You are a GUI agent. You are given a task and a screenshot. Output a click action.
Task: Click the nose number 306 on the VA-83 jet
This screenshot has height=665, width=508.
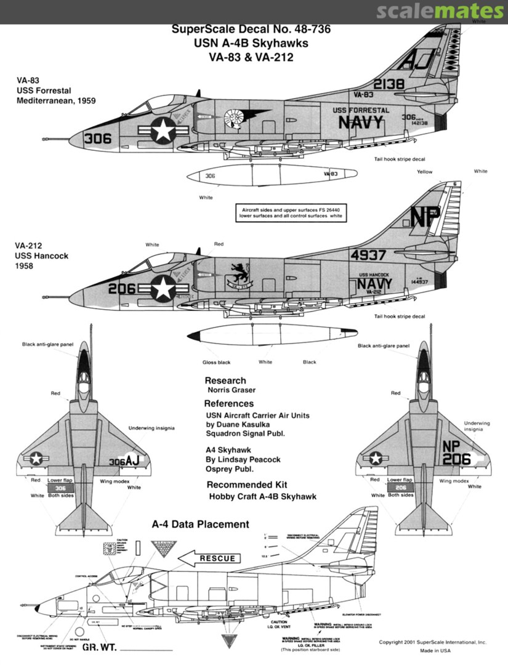tap(98, 139)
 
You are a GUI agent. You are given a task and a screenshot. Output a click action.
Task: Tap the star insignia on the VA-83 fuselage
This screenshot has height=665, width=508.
tap(163, 131)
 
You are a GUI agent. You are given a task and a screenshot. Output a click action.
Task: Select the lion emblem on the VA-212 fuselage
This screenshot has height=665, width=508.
tap(236, 271)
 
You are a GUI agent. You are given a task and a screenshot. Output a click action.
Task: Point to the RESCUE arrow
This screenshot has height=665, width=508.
tap(209, 558)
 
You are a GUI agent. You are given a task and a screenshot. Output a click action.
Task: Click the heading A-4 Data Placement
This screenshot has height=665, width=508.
tap(200, 525)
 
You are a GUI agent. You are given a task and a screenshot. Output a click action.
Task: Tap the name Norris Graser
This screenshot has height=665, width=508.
tap(232, 390)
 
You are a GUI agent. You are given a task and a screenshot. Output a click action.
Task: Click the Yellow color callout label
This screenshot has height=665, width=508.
tap(425, 172)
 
